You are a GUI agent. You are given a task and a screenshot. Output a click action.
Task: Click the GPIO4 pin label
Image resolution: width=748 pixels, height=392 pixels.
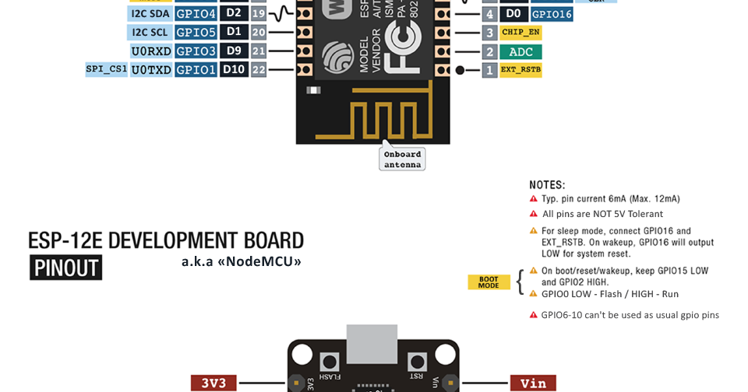[x=196, y=13]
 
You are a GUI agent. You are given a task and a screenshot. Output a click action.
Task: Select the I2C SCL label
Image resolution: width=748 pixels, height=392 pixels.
[x=149, y=32]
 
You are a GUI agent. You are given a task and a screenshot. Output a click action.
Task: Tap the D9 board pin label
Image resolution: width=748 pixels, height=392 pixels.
[x=234, y=51]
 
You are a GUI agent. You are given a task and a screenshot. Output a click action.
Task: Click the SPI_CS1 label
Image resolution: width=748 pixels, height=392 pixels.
[x=107, y=69]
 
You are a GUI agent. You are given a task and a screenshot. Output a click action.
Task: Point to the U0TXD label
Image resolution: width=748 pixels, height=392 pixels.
[x=151, y=70]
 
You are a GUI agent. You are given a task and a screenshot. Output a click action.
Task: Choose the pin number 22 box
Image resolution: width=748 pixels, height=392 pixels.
[x=259, y=70]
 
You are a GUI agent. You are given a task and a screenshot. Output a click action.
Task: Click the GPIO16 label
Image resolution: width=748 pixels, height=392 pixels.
[x=552, y=14]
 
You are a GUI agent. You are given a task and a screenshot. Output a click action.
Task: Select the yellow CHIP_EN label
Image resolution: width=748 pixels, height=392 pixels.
[x=520, y=33]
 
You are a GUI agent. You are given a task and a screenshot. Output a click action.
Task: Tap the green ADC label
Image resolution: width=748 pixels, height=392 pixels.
[x=520, y=51]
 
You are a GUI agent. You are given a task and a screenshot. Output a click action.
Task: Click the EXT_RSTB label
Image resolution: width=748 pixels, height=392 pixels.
[x=520, y=70]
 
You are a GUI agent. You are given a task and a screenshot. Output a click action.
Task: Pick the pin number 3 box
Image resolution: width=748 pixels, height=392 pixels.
[x=489, y=33]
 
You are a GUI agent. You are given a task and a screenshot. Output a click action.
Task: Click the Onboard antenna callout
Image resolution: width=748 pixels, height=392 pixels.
[x=402, y=159]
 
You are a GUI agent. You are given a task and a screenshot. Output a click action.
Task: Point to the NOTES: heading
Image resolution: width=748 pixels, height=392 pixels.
[x=547, y=185]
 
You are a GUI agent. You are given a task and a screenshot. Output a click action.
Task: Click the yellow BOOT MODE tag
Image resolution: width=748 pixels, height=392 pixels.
[x=489, y=282]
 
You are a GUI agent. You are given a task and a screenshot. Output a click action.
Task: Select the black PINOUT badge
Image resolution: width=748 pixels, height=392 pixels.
[x=66, y=268]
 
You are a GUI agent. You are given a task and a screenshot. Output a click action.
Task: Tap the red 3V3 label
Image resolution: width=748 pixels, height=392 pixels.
[x=213, y=383]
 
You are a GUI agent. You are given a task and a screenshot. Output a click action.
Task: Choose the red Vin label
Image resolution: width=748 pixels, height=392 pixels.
[x=533, y=383]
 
